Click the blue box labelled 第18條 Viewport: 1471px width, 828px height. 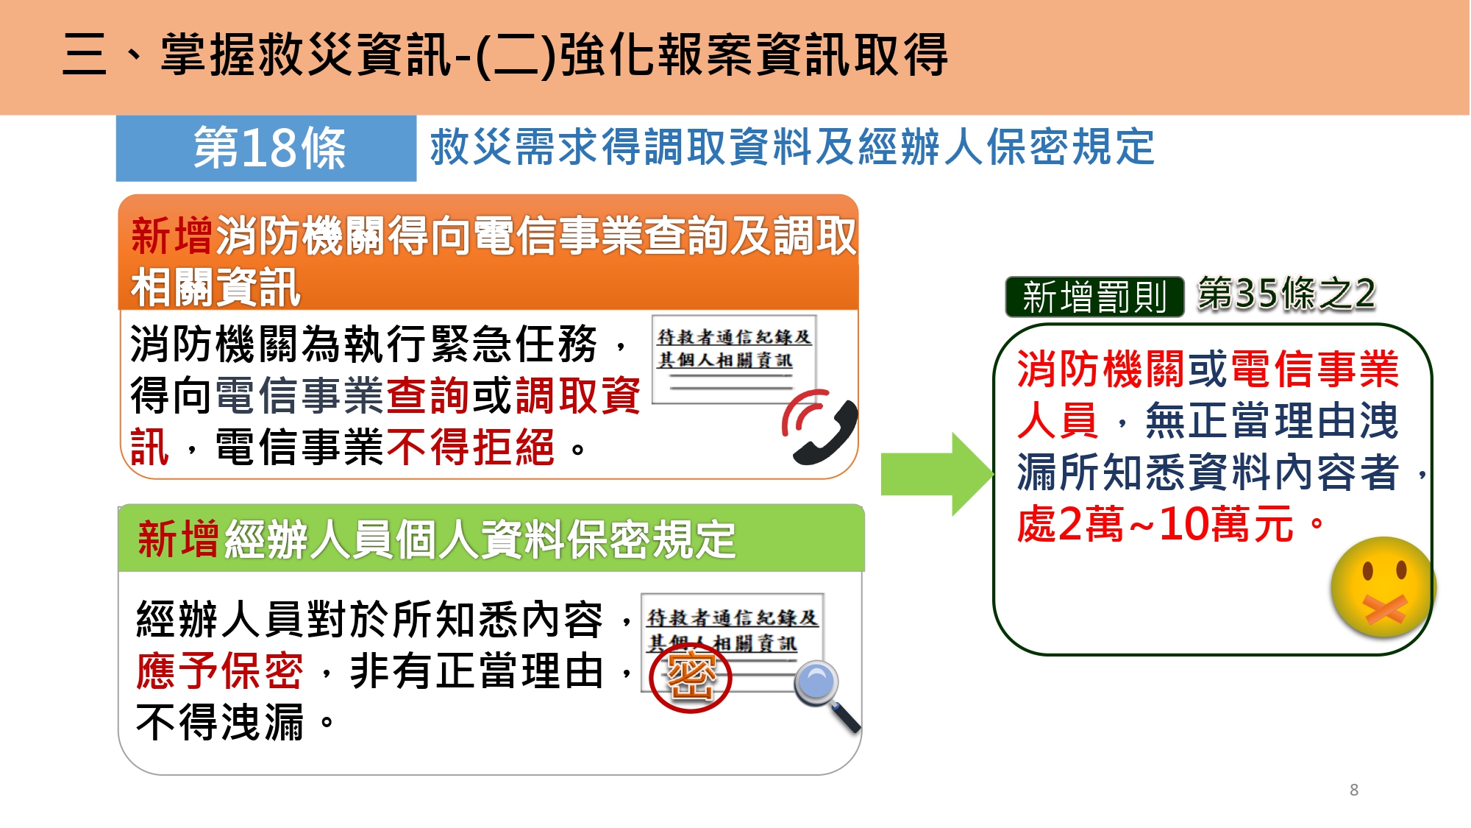coord(266,148)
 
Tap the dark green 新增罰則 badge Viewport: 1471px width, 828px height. coord(1094,297)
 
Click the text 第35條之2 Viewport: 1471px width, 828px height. coord(1286,294)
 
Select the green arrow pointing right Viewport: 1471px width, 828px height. coord(936,474)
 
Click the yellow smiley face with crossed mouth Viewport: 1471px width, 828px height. coord(1383,587)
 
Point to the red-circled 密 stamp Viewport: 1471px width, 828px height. coord(691,676)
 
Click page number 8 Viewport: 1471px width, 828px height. coord(1354,790)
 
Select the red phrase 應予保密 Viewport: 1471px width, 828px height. coord(220,670)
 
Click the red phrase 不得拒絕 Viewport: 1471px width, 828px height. coord(471,447)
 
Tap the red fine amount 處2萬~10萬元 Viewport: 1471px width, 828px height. coord(1155,524)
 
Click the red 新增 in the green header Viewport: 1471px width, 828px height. coord(178,538)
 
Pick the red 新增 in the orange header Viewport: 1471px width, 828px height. coord(172,236)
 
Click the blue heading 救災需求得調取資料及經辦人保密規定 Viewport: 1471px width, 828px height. coord(792,146)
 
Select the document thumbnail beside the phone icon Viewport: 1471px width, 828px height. coord(733,359)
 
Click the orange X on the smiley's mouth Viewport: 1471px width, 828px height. coord(1385,609)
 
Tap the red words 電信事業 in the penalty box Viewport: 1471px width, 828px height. coord(1314,369)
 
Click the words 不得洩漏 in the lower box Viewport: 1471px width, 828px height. coord(220,722)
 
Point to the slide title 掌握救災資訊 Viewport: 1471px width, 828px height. coord(306,54)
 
